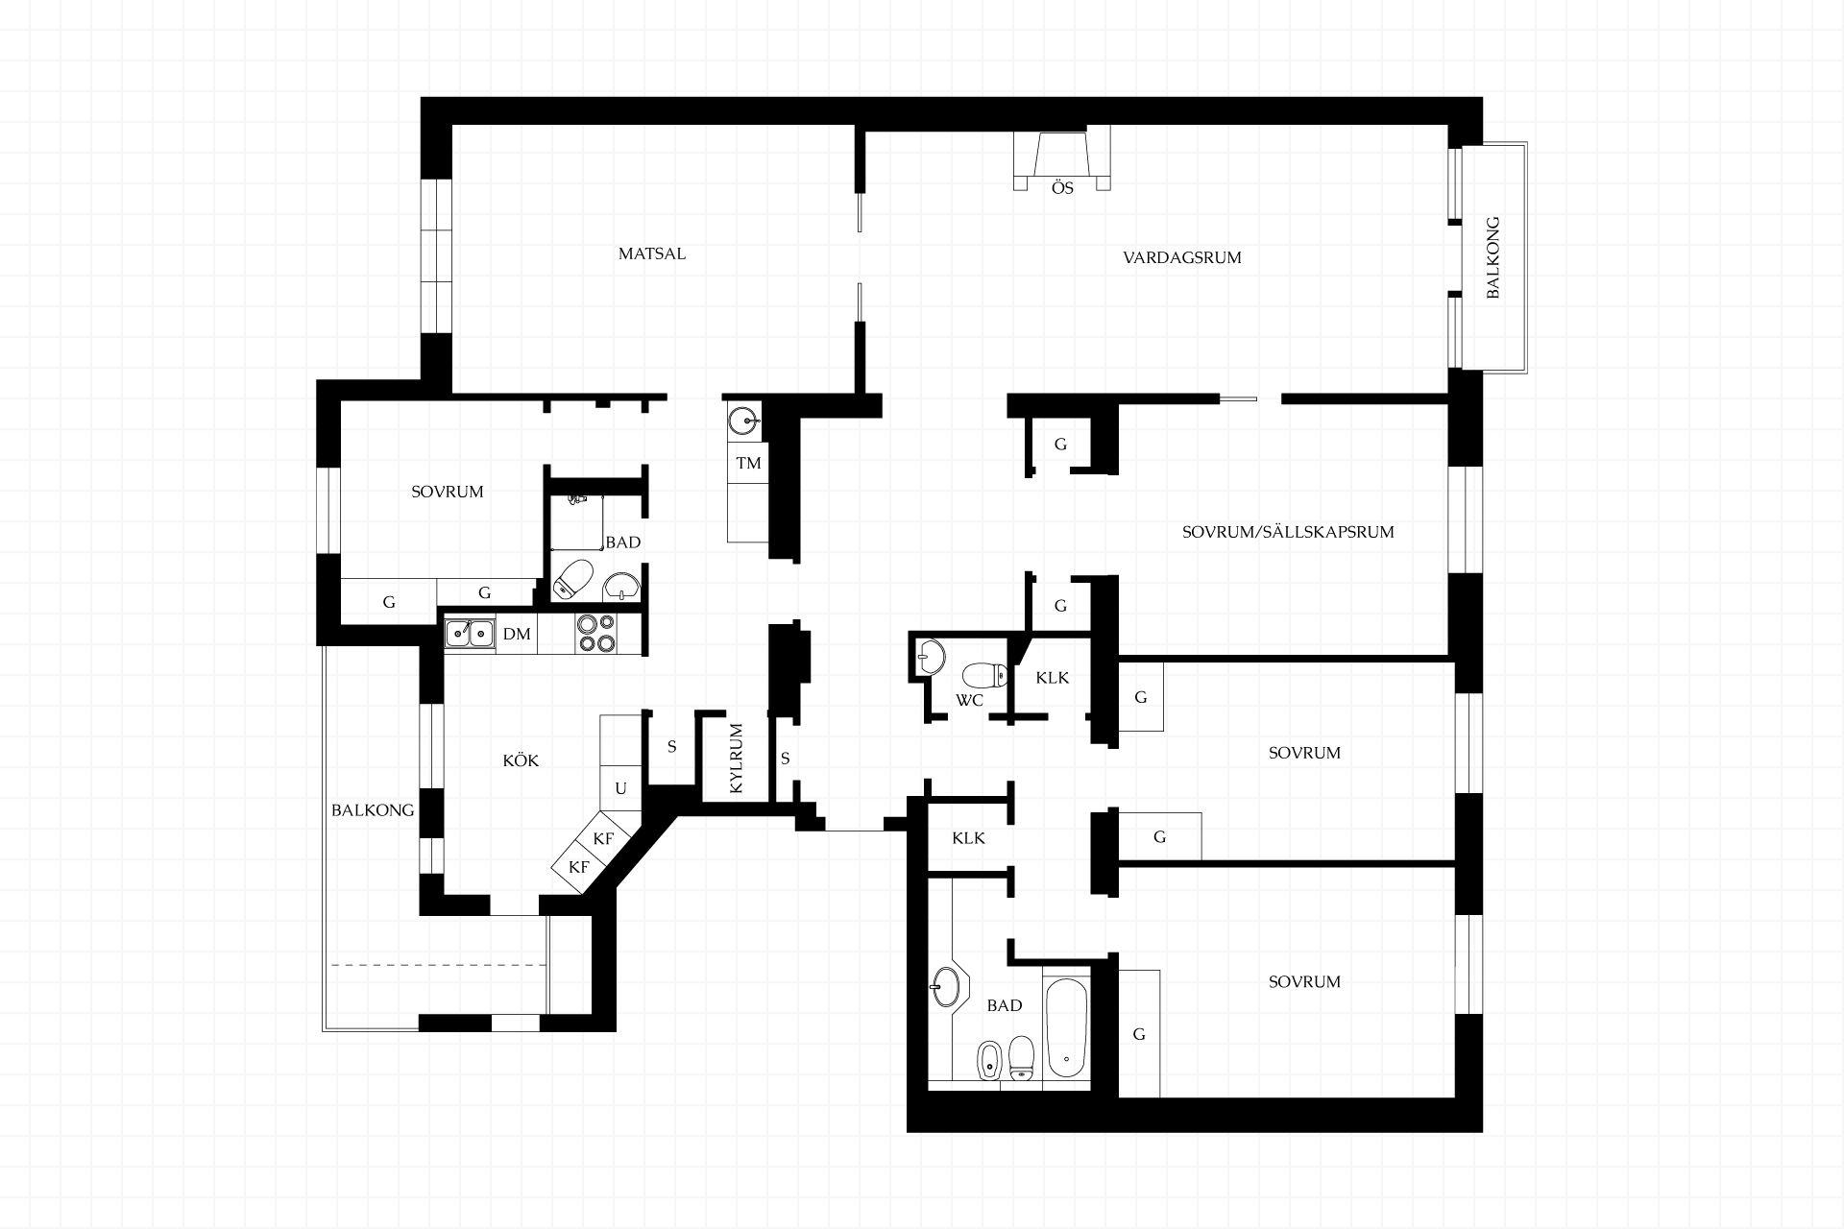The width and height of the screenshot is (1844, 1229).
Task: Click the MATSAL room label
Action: (x=652, y=254)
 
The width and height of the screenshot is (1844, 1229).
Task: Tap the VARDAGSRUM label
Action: (x=1182, y=257)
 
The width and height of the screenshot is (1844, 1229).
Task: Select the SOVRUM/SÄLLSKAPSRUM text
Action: (x=1288, y=532)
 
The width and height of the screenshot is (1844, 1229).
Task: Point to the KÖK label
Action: (x=522, y=760)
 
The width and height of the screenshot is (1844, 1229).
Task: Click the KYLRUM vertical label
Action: (x=737, y=759)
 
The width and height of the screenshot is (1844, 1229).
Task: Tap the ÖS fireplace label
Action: (x=1062, y=188)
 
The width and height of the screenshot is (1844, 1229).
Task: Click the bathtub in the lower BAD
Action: (x=1067, y=1028)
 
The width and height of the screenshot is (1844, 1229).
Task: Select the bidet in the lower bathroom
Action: (x=988, y=1060)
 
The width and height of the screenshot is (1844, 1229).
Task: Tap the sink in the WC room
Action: (x=930, y=657)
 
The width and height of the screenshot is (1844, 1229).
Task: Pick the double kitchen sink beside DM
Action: (x=469, y=634)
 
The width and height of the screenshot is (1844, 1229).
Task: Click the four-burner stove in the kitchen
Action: (x=595, y=634)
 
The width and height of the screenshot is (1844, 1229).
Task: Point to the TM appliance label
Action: (x=748, y=463)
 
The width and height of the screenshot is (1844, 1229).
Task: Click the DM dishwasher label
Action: (x=517, y=634)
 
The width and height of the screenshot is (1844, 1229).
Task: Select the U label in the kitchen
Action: (x=620, y=788)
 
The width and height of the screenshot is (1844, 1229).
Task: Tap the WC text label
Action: (x=969, y=700)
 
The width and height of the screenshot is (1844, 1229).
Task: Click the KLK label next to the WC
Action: (x=1053, y=678)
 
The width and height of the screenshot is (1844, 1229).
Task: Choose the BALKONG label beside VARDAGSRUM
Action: (x=1492, y=257)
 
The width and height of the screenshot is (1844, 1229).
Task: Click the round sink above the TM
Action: (x=742, y=421)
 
